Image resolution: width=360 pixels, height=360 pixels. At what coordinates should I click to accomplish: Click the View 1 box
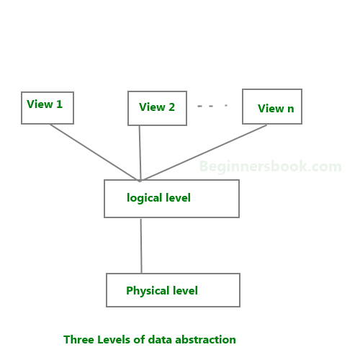[x=48, y=108]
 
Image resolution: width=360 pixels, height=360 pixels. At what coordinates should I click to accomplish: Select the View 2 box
[x=157, y=108]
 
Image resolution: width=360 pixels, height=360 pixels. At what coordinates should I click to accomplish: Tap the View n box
[x=272, y=107]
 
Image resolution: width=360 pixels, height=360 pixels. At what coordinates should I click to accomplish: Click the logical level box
[x=171, y=199]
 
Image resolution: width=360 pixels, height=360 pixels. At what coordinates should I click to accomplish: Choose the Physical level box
[x=173, y=290]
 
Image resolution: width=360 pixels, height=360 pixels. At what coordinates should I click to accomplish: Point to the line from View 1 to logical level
[x=94, y=153]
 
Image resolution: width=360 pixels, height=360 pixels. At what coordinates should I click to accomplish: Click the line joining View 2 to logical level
[x=140, y=153]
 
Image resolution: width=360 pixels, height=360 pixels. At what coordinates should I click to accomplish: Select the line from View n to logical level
[x=204, y=152]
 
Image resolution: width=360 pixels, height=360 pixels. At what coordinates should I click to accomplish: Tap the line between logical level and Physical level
[x=141, y=246]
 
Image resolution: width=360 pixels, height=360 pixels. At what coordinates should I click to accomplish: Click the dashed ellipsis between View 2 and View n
[x=212, y=106]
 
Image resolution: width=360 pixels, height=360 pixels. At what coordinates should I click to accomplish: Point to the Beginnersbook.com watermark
[x=270, y=166]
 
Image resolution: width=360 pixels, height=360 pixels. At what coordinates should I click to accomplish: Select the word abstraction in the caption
[x=205, y=340]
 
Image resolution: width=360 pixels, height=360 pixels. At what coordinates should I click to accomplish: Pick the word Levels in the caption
[x=114, y=340]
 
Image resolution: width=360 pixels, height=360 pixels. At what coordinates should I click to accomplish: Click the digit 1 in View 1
[x=59, y=104]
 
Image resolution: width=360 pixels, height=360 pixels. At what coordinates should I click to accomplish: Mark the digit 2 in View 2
[x=171, y=107]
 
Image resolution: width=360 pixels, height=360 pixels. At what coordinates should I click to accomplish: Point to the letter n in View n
[x=291, y=109]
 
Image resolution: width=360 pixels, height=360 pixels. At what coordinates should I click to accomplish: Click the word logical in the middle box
[x=145, y=199]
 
